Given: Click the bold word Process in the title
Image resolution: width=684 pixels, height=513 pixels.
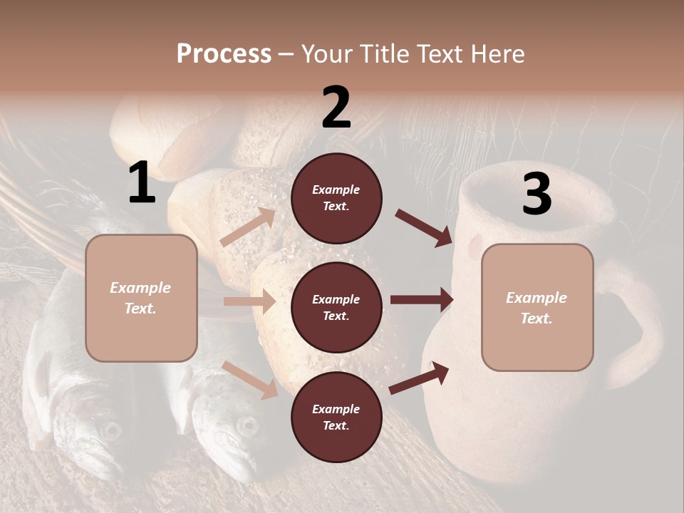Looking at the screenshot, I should point(224,53).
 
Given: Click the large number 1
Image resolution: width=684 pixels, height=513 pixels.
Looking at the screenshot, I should point(142,184).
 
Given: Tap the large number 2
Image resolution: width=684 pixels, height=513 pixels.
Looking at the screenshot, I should point(336,108).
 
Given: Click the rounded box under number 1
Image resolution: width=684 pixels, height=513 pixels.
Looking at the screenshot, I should point(141,298).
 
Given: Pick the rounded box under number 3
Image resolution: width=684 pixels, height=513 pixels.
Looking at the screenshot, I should point(537,308).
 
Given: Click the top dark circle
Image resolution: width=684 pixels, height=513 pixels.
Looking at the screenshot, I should point(336,198).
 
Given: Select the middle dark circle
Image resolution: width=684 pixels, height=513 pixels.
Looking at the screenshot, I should point(336,307).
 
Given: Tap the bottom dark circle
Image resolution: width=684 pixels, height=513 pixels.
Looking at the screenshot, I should point(336,417).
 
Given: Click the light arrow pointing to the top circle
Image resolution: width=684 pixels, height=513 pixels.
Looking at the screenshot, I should point(248,227).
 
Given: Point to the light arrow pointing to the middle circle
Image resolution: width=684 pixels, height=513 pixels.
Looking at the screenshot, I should point(249,301).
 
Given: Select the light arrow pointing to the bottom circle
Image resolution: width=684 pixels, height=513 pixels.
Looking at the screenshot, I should point(249,379).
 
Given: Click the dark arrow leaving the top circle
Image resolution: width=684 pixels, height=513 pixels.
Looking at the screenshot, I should point(424,228).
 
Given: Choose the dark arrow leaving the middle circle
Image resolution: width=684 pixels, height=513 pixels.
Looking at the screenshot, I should point(422,299).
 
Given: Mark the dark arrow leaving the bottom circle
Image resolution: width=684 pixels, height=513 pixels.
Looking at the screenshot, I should point(419,378).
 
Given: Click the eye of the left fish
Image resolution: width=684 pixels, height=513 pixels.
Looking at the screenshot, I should point(110,430).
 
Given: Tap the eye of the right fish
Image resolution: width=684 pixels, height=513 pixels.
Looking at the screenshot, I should point(247,426).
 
